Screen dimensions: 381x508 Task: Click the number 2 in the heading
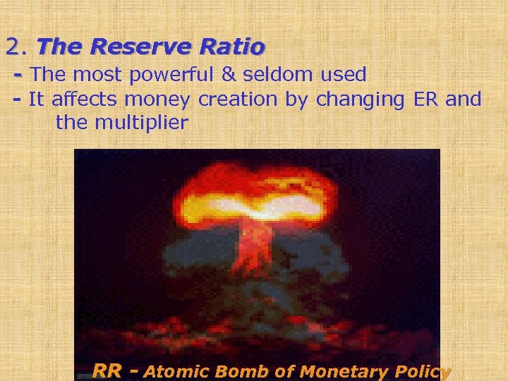(x=13, y=47)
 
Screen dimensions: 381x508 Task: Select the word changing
(x=359, y=100)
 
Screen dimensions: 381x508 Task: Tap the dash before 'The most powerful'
(x=18, y=74)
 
